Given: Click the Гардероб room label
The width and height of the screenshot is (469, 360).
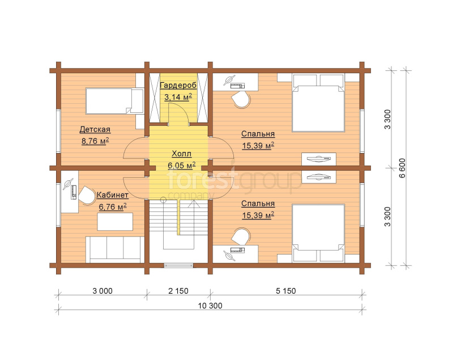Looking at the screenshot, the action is coord(178,86).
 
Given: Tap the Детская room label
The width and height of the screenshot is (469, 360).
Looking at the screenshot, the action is coord(95,130).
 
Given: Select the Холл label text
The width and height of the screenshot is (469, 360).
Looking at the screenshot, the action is coord(182,154).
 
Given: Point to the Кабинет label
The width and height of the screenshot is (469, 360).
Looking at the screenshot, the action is coord(113,195).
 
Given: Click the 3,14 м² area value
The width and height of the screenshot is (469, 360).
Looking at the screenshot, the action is coord(178,96).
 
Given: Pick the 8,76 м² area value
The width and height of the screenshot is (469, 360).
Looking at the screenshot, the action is coord(95,141).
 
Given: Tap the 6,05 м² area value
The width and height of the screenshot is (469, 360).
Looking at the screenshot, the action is coord(182,165).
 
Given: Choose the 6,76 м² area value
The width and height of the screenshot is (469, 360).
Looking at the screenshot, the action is coord(113,206).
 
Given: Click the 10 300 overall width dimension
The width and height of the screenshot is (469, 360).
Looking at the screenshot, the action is coord(210,306).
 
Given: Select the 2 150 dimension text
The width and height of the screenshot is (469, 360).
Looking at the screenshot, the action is coord(178,291).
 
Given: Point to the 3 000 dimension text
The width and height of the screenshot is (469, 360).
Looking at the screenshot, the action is coord(103,291).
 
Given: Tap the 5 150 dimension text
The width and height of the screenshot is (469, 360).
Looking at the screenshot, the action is coord(285,291).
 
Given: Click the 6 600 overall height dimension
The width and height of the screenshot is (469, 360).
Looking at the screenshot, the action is coord(402,168).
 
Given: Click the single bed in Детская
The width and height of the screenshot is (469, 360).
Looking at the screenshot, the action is coord(114,101).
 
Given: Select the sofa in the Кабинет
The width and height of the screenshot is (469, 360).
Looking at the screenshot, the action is coord(115,249).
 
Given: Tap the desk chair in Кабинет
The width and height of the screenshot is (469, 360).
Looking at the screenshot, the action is coord(86,196).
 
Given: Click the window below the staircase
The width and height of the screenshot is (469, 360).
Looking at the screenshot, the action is coord(178,265).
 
